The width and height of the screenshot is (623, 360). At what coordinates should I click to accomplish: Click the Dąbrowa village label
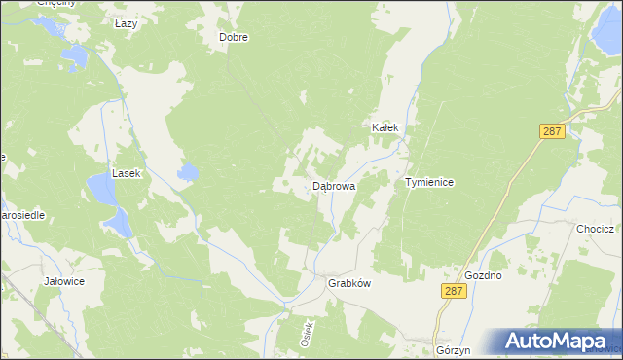click(x=333, y=185)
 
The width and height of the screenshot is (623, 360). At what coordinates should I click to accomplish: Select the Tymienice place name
click(x=429, y=182)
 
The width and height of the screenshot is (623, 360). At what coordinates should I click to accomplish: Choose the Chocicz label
click(x=593, y=229)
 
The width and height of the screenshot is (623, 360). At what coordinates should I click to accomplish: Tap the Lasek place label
click(x=127, y=173)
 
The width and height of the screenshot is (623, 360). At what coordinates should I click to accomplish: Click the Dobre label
click(x=234, y=38)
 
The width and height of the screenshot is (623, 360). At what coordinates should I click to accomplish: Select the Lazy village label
click(x=126, y=23)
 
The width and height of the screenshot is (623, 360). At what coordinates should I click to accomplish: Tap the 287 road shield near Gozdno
click(x=450, y=290)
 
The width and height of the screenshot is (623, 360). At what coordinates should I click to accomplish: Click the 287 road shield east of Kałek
click(x=553, y=131)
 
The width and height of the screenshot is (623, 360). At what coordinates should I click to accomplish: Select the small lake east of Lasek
click(x=187, y=174)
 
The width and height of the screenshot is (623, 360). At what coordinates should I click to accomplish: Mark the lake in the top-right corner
click(x=603, y=38)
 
